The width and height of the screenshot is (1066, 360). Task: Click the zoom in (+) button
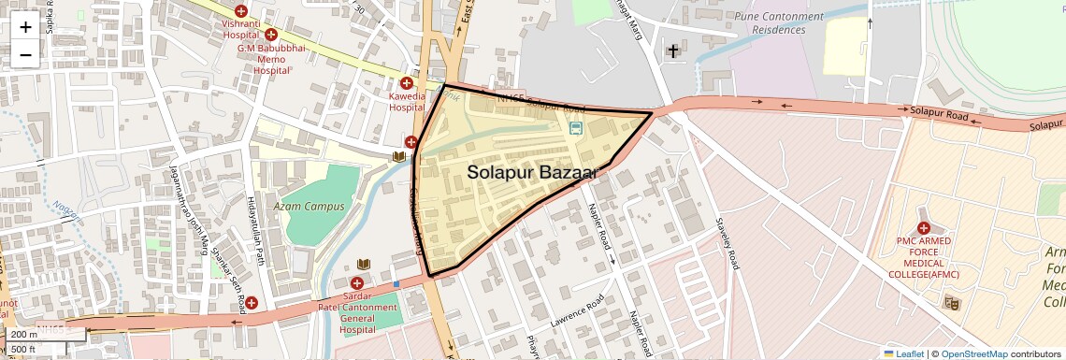click(25, 26)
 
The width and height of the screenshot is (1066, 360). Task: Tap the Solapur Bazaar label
click(531, 172)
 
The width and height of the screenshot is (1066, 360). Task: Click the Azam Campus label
click(310, 206)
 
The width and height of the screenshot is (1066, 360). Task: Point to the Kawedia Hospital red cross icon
click(408, 81)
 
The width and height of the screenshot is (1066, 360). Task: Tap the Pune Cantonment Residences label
click(779, 23)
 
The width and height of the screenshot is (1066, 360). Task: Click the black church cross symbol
click(672, 50)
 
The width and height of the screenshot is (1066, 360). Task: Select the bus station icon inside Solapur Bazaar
click(576, 127)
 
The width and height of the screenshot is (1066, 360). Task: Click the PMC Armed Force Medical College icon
click(923, 227)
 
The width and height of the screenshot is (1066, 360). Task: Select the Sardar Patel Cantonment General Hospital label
click(356, 312)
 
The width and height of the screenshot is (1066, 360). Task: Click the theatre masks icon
click(952, 301)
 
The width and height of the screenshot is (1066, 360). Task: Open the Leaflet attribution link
click(903, 353)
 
